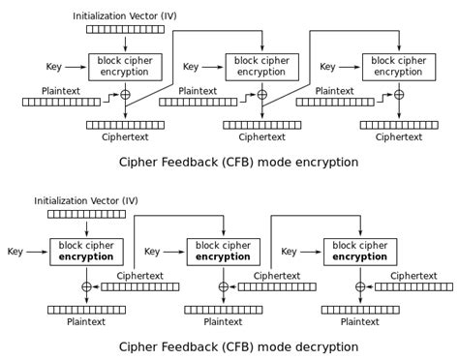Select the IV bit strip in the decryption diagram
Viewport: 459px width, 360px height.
(86, 215)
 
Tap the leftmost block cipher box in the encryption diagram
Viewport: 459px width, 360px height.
(125, 67)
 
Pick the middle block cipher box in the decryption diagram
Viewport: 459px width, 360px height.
(223, 252)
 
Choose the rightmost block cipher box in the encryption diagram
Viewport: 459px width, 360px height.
(398, 67)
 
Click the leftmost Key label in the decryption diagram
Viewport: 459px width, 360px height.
(15, 252)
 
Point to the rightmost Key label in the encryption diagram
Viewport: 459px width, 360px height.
(328, 67)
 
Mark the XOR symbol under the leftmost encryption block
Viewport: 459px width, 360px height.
(125, 95)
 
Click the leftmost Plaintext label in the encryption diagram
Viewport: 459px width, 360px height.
(61, 90)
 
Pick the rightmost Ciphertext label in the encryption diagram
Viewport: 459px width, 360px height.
(398, 137)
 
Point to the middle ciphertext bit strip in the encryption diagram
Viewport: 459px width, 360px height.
(261, 125)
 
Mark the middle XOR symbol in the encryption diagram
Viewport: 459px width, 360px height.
(261, 95)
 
